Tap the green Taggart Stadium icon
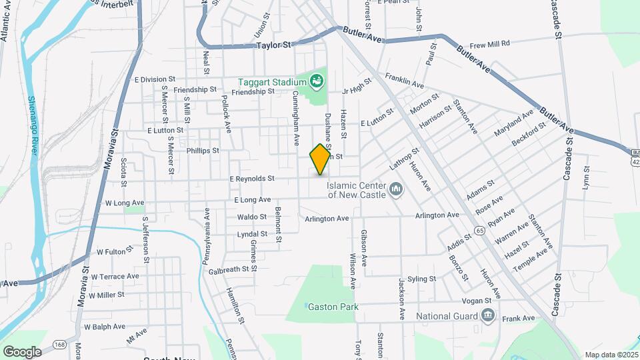(x=317, y=82)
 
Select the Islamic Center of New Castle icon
(x=396, y=190)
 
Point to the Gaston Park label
(x=333, y=307)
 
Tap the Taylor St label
(x=275, y=46)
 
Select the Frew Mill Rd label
(x=489, y=44)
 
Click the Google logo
(x=22, y=351)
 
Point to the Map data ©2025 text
(x=611, y=355)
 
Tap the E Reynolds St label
(x=252, y=179)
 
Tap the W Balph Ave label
(x=104, y=327)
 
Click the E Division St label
(x=154, y=79)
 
